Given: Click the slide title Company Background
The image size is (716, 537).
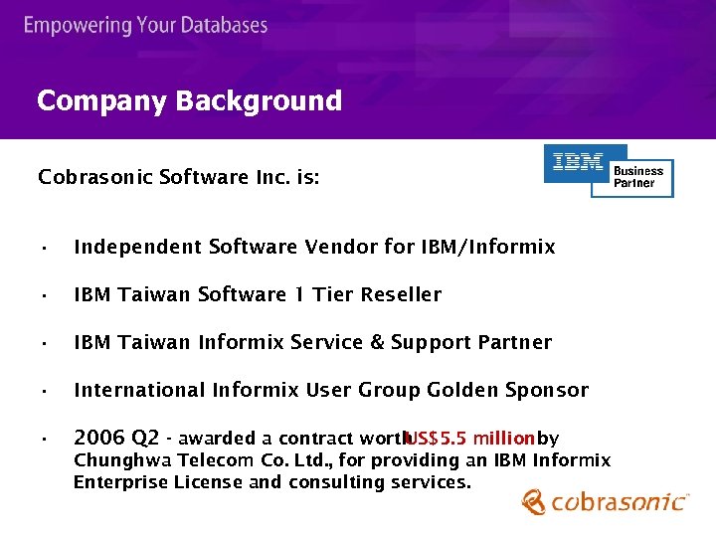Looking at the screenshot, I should [189, 100].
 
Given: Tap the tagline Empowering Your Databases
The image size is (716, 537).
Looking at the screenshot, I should [146, 25].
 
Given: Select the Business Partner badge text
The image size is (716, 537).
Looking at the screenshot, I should [637, 177].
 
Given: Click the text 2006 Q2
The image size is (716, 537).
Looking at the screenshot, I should [116, 439].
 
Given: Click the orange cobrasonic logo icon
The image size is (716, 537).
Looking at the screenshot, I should [534, 502].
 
